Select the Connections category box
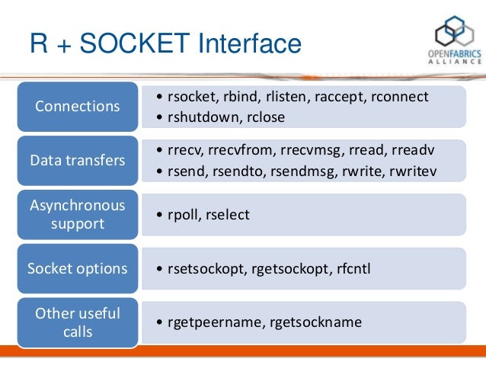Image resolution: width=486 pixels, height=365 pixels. coord(78,106)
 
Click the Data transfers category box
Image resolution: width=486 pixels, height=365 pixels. coord(78,161)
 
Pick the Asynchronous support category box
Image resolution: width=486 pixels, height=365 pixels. coord(78,216)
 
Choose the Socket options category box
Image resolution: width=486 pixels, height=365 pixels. coord(78,269)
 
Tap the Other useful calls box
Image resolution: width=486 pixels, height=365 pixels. coord(78,323)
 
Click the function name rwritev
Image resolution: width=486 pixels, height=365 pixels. coord(411,171)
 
